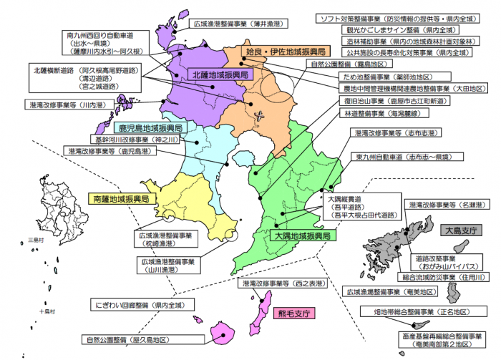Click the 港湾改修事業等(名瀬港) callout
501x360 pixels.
pos(452,205)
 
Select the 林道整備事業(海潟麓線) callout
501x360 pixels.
pos(386,112)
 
